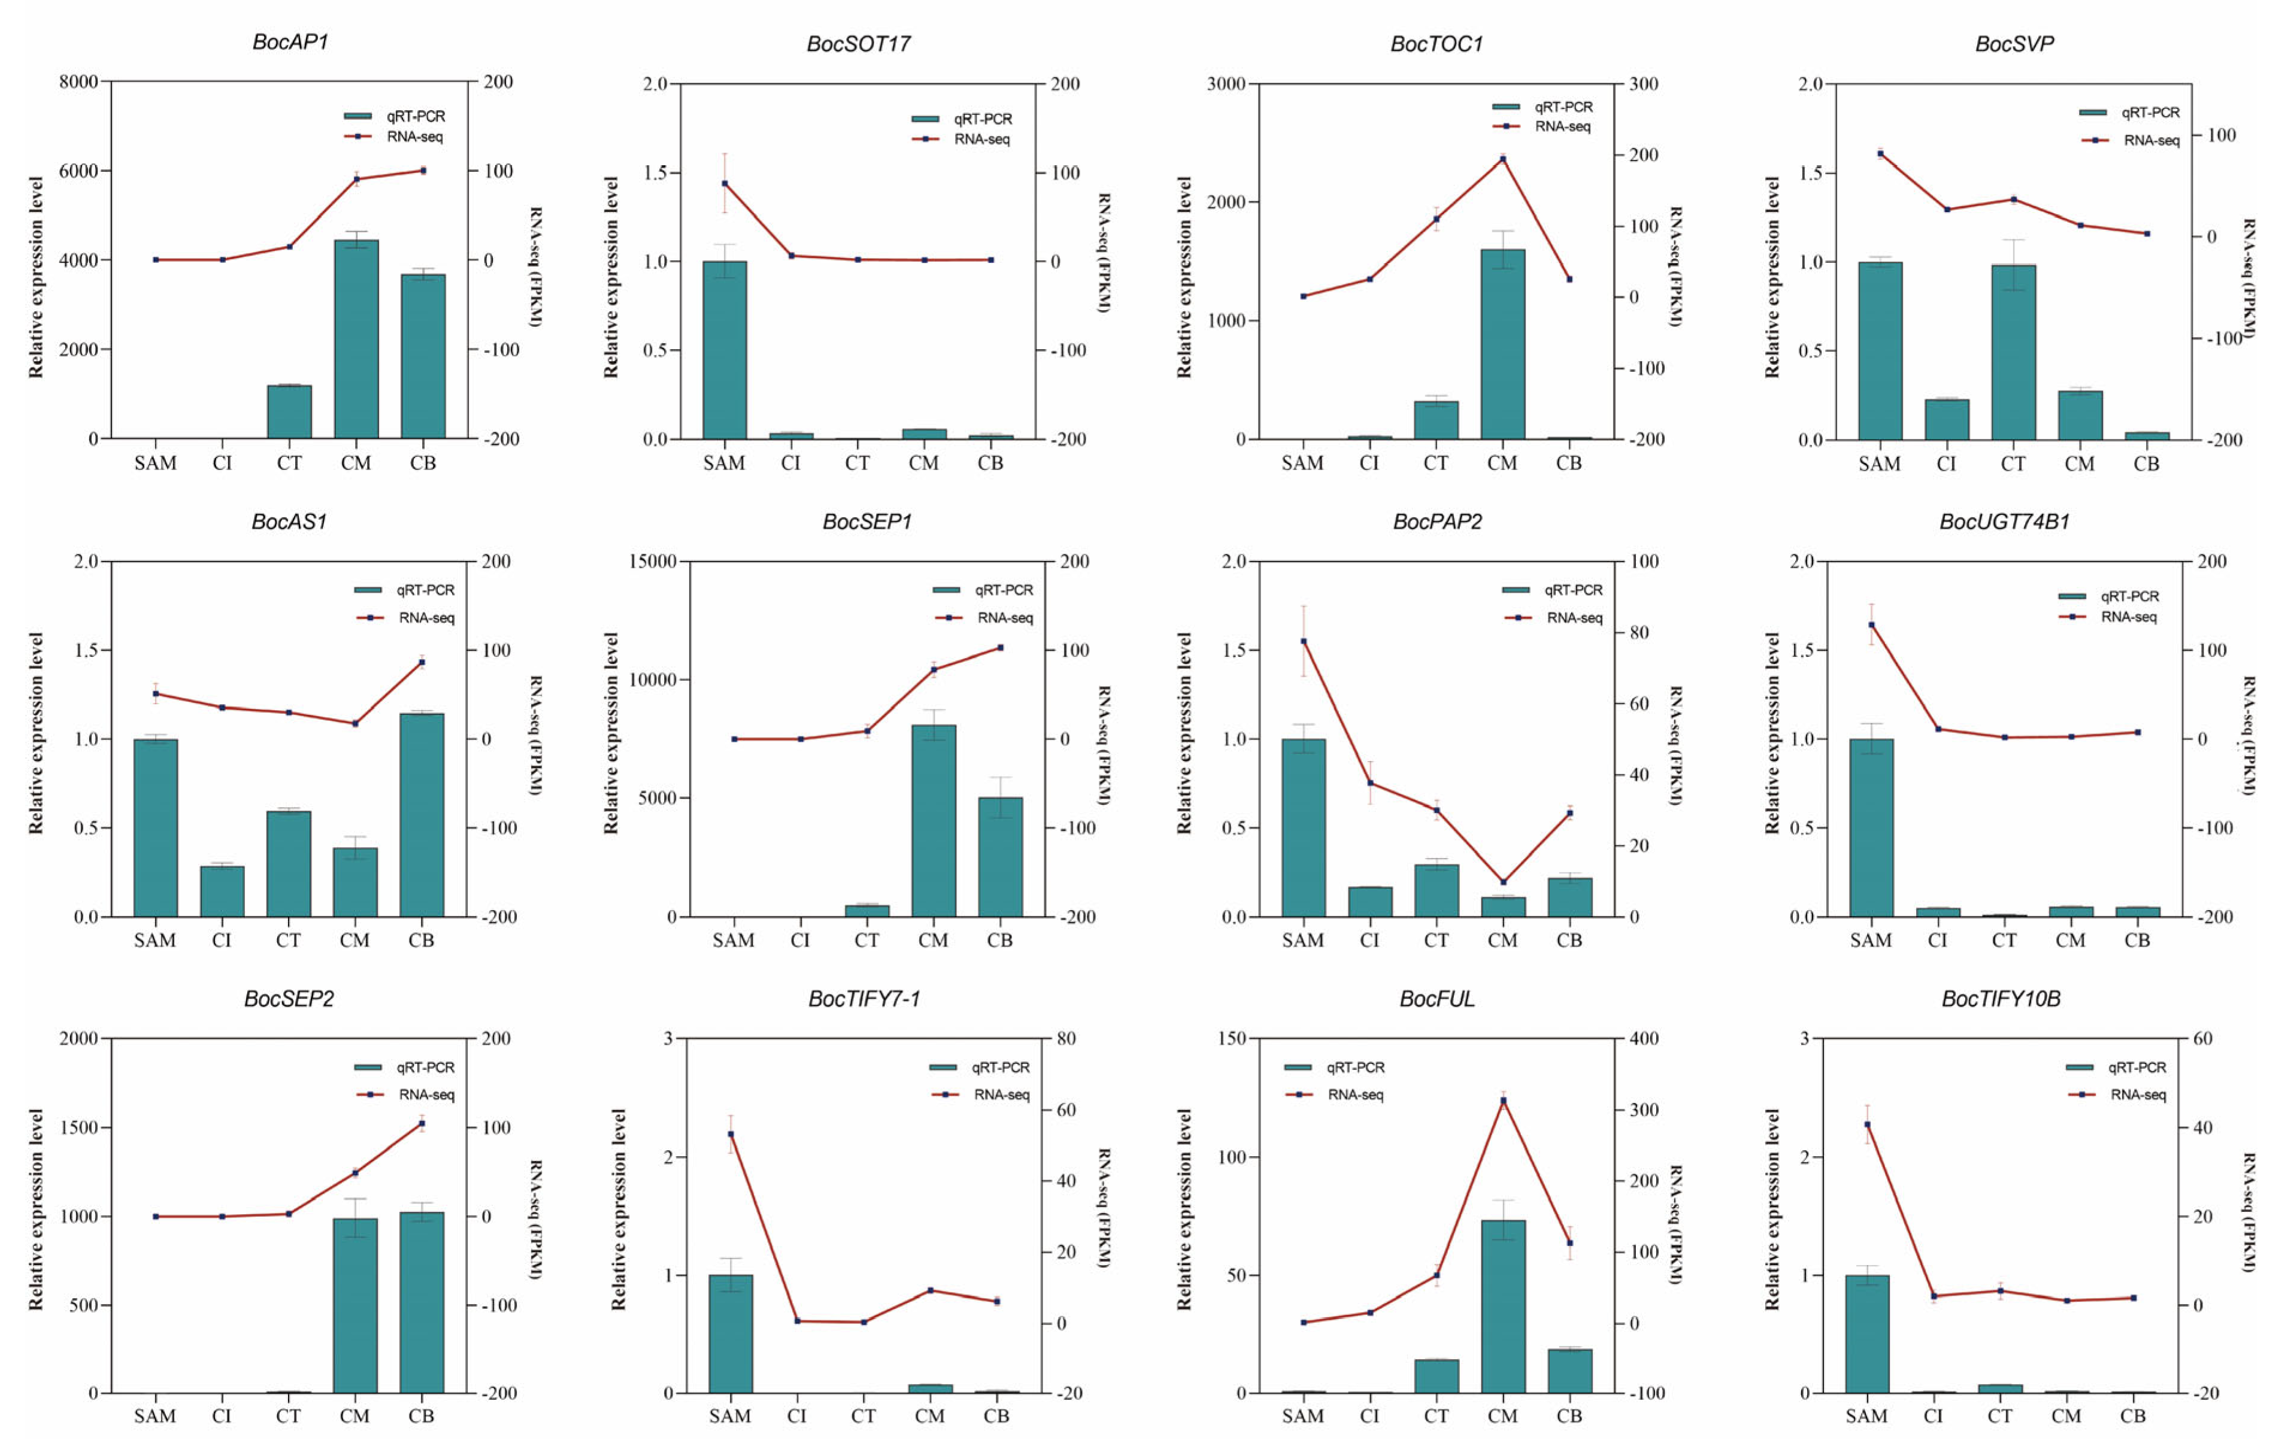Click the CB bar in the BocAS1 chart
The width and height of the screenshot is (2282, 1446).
pos(422,815)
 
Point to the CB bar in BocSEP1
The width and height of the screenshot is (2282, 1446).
pos(1000,857)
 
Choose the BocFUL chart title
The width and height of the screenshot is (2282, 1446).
pos(1437,999)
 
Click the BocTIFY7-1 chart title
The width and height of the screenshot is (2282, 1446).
pos(863,999)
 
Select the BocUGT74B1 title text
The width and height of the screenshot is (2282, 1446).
pos(2004,521)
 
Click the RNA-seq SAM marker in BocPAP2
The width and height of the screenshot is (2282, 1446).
pos(1303,641)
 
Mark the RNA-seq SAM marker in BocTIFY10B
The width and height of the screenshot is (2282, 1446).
pos(1867,1125)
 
